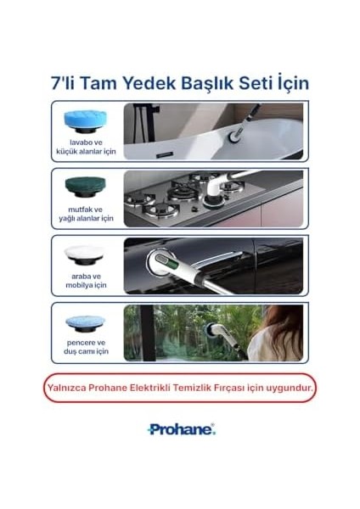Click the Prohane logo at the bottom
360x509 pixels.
point(181,429)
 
